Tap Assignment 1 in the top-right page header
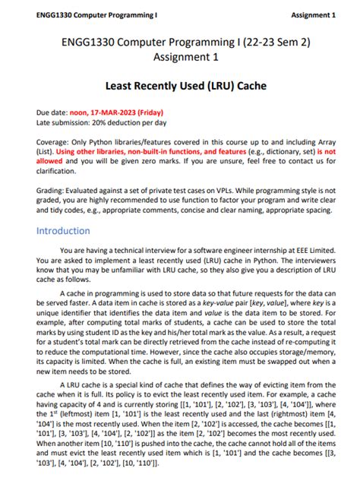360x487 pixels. (313, 15)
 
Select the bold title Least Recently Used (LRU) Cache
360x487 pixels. (179, 88)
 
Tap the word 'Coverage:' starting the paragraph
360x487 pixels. (55, 142)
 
